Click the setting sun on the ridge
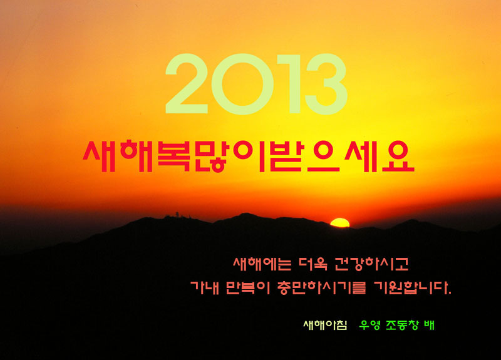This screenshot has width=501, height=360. [339, 223]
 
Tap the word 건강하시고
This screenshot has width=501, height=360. [371, 264]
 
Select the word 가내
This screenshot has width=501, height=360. [205, 287]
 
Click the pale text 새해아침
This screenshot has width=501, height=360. [325, 325]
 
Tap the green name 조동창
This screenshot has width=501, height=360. [402, 325]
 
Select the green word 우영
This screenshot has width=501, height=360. [369, 325]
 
